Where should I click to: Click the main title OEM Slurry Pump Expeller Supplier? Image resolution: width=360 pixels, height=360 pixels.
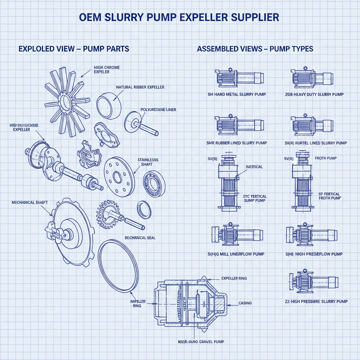(180, 18)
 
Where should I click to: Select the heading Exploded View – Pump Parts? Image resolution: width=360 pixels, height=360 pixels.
(74, 49)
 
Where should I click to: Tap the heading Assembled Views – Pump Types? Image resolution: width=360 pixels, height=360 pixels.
(255, 49)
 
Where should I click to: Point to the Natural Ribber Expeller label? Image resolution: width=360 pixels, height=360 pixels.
(140, 87)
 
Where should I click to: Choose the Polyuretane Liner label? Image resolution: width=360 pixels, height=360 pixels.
(158, 110)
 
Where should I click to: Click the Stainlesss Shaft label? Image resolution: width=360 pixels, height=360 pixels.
(148, 162)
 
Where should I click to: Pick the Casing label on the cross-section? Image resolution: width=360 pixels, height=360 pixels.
(245, 303)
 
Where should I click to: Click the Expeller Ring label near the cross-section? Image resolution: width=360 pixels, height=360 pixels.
(234, 278)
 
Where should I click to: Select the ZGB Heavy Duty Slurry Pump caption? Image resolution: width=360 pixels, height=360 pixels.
(314, 94)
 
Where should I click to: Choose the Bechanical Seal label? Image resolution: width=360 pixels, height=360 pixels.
(140, 238)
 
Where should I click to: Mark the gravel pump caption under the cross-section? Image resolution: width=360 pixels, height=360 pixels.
(200, 341)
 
